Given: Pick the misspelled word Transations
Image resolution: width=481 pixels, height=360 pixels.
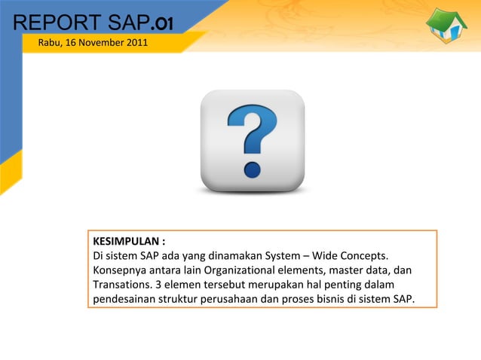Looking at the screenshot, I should point(121,285).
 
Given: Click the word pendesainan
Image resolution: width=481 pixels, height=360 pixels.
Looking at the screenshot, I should point(126,300).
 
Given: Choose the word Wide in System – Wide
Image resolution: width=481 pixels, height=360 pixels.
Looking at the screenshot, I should point(309,256).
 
